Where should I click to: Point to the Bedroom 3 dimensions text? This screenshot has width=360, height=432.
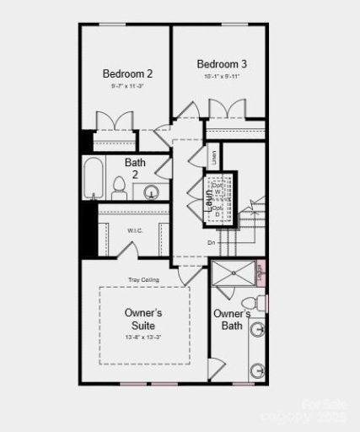pyautogui.click(x=221, y=77)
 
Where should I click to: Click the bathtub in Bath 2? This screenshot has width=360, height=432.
pyautogui.click(x=93, y=179)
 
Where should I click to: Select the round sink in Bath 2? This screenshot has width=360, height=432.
pyautogui.click(x=152, y=192)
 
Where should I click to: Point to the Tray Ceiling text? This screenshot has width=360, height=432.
pyautogui.click(x=144, y=279)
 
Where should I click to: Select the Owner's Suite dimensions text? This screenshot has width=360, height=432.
pyautogui.click(x=143, y=337)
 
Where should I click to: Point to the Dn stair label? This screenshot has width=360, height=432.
pyautogui.click(x=211, y=243)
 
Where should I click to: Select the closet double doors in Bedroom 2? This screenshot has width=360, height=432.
pyautogui.click(x=112, y=120)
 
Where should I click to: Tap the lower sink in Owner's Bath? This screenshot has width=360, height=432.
pyautogui.click(x=258, y=370)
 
